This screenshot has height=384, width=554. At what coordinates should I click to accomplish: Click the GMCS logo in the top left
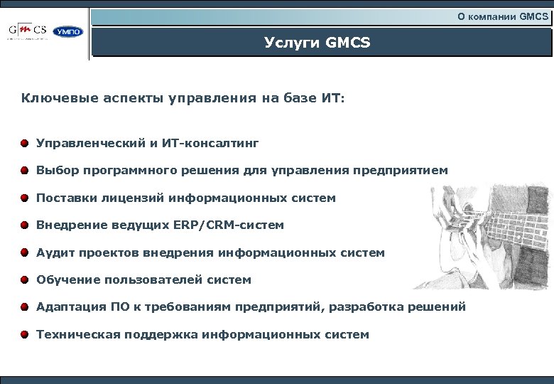28,31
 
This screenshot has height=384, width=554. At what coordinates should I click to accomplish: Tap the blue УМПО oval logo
68,32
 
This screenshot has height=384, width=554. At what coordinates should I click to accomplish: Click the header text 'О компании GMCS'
503,16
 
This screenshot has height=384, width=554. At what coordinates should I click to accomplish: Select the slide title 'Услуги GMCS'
317,43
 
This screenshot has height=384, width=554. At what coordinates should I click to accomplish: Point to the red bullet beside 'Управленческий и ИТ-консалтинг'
25,144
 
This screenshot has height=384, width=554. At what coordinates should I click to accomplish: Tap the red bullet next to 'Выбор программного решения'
25,171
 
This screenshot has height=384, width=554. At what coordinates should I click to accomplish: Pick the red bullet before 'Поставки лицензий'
25,198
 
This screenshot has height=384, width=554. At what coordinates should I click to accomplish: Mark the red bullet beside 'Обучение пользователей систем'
25,279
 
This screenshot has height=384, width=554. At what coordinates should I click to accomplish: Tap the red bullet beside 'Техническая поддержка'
25,334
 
